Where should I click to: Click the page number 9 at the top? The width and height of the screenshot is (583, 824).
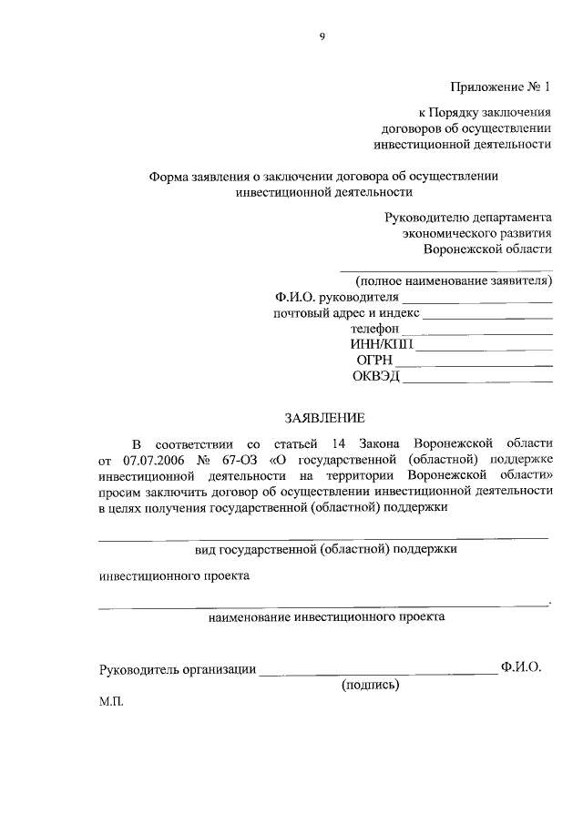tap(322, 36)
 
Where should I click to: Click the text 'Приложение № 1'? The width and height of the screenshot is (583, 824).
tap(501, 87)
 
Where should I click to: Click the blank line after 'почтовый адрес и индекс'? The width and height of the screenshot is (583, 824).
tap(488, 317)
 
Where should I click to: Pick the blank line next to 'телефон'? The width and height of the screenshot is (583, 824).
tap(476, 332)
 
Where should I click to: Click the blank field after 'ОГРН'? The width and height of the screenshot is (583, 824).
tap(474, 364)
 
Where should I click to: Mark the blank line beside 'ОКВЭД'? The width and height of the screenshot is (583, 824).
tap(477, 380)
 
